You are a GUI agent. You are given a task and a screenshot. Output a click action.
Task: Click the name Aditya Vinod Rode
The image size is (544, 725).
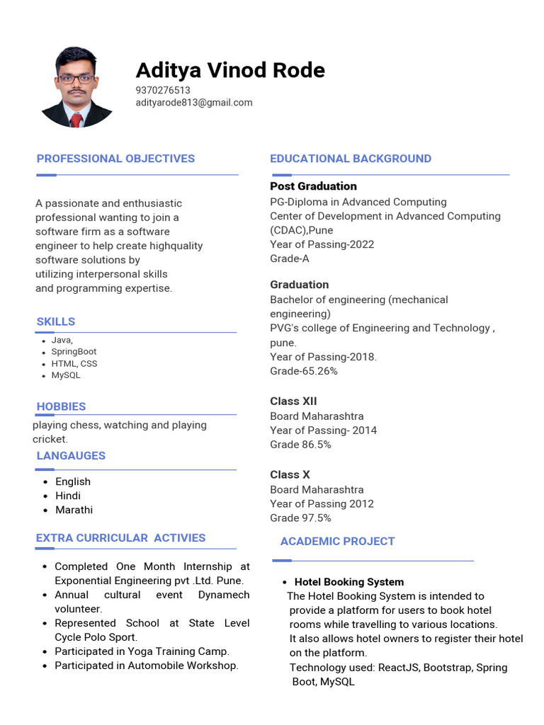(230, 70)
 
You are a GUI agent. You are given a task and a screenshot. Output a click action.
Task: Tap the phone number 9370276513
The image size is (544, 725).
(163, 90)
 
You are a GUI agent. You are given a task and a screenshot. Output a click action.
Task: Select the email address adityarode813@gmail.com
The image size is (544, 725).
(194, 103)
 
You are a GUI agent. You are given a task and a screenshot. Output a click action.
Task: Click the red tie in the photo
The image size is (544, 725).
(76, 119)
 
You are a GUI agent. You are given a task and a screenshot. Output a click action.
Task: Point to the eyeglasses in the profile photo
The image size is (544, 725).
(76, 79)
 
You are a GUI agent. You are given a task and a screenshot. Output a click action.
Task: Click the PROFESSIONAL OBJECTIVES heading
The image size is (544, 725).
(115, 159)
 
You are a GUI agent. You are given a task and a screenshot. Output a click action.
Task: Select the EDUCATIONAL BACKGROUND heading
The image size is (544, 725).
(351, 159)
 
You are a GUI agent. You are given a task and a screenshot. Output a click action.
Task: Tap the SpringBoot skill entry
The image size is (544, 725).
(74, 352)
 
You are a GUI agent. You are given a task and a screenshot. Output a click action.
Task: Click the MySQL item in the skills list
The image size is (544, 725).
(66, 375)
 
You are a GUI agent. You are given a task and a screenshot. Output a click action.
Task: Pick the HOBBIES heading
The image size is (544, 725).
(61, 406)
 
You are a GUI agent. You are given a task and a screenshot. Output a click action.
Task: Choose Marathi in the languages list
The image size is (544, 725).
(74, 510)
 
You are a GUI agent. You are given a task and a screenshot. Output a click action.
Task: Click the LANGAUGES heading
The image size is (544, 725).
(71, 456)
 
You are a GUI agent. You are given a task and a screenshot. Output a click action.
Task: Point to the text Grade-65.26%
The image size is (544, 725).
(304, 371)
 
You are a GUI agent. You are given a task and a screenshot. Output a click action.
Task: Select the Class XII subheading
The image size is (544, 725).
(293, 401)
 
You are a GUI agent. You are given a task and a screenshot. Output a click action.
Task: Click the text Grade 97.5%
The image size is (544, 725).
(300, 518)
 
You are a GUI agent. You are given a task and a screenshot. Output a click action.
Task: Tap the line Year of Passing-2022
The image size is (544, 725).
(322, 244)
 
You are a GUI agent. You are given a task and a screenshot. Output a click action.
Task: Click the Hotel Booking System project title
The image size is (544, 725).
(349, 582)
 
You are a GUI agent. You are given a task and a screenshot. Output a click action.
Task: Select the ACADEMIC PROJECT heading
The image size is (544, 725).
(337, 542)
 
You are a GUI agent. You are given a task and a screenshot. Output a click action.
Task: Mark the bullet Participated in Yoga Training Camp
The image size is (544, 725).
(142, 651)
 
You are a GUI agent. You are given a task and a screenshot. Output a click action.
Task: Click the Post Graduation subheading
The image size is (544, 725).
(313, 186)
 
